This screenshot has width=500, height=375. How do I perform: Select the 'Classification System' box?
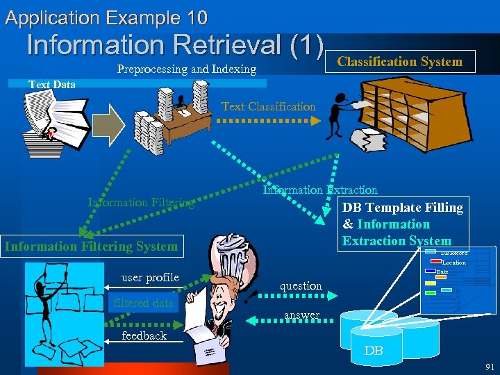[x=399, y=62]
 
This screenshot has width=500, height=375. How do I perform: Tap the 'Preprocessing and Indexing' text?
[x=187, y=69]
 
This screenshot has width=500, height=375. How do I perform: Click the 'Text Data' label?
[x=52, y=85]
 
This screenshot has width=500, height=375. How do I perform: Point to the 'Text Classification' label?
[x=268, y=107]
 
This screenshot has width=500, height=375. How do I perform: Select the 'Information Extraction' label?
[x=320, y=190]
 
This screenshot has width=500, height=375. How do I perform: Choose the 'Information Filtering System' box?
[x=91, y=246]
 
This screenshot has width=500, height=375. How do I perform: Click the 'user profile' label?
[x=150, y=278]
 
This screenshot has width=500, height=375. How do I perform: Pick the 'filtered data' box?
[x=142, y=303]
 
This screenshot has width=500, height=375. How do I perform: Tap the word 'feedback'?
[x=144, y=335]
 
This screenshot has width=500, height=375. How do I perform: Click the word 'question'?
[x=301, y=285]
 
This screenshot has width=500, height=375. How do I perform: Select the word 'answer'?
[x=301, y=315]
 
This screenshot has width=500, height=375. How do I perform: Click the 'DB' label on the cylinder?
[x=374, y=351]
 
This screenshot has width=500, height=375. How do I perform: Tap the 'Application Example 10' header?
[x=106, y=17]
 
